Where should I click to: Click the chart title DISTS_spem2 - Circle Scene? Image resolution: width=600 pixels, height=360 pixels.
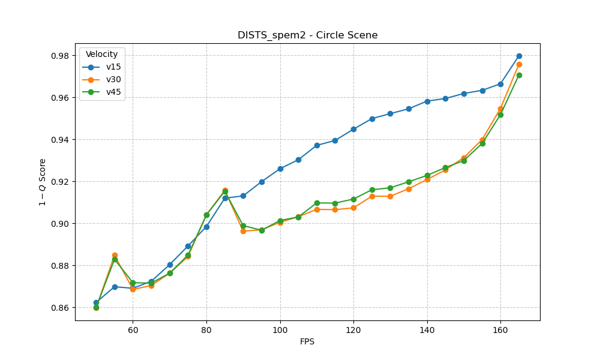click(307, 35)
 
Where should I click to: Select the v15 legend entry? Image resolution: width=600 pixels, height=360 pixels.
click(113, 67)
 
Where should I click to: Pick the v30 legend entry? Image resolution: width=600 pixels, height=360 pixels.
click(113, 79)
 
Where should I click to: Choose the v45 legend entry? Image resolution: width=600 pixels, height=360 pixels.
click(113, 92)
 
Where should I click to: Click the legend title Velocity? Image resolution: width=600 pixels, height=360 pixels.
click(102, 54)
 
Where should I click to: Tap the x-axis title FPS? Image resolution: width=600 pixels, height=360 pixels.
click(307, 342)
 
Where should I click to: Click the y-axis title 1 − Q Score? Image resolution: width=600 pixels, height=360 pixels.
click(43, 182)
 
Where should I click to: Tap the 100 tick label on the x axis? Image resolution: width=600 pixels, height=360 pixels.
click(280, 330)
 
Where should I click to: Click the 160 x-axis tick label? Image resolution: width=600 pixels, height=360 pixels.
click(500, 330)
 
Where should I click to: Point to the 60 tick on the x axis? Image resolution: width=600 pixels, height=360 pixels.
click(133, 330)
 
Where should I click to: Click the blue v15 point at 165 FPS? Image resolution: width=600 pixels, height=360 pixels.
click(519, 56)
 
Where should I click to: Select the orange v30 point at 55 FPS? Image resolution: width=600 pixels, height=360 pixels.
click(115, 255)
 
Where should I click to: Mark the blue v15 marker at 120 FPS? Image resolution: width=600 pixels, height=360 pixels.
click(353, 129)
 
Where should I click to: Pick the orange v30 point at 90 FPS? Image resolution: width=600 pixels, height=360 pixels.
click(243, 231)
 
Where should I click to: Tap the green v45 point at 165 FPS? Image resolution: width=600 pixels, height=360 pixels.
click(519, 75)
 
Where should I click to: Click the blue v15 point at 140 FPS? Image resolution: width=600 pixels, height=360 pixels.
click(427, 101)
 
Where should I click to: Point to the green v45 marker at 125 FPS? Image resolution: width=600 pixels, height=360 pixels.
click(372, 190)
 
